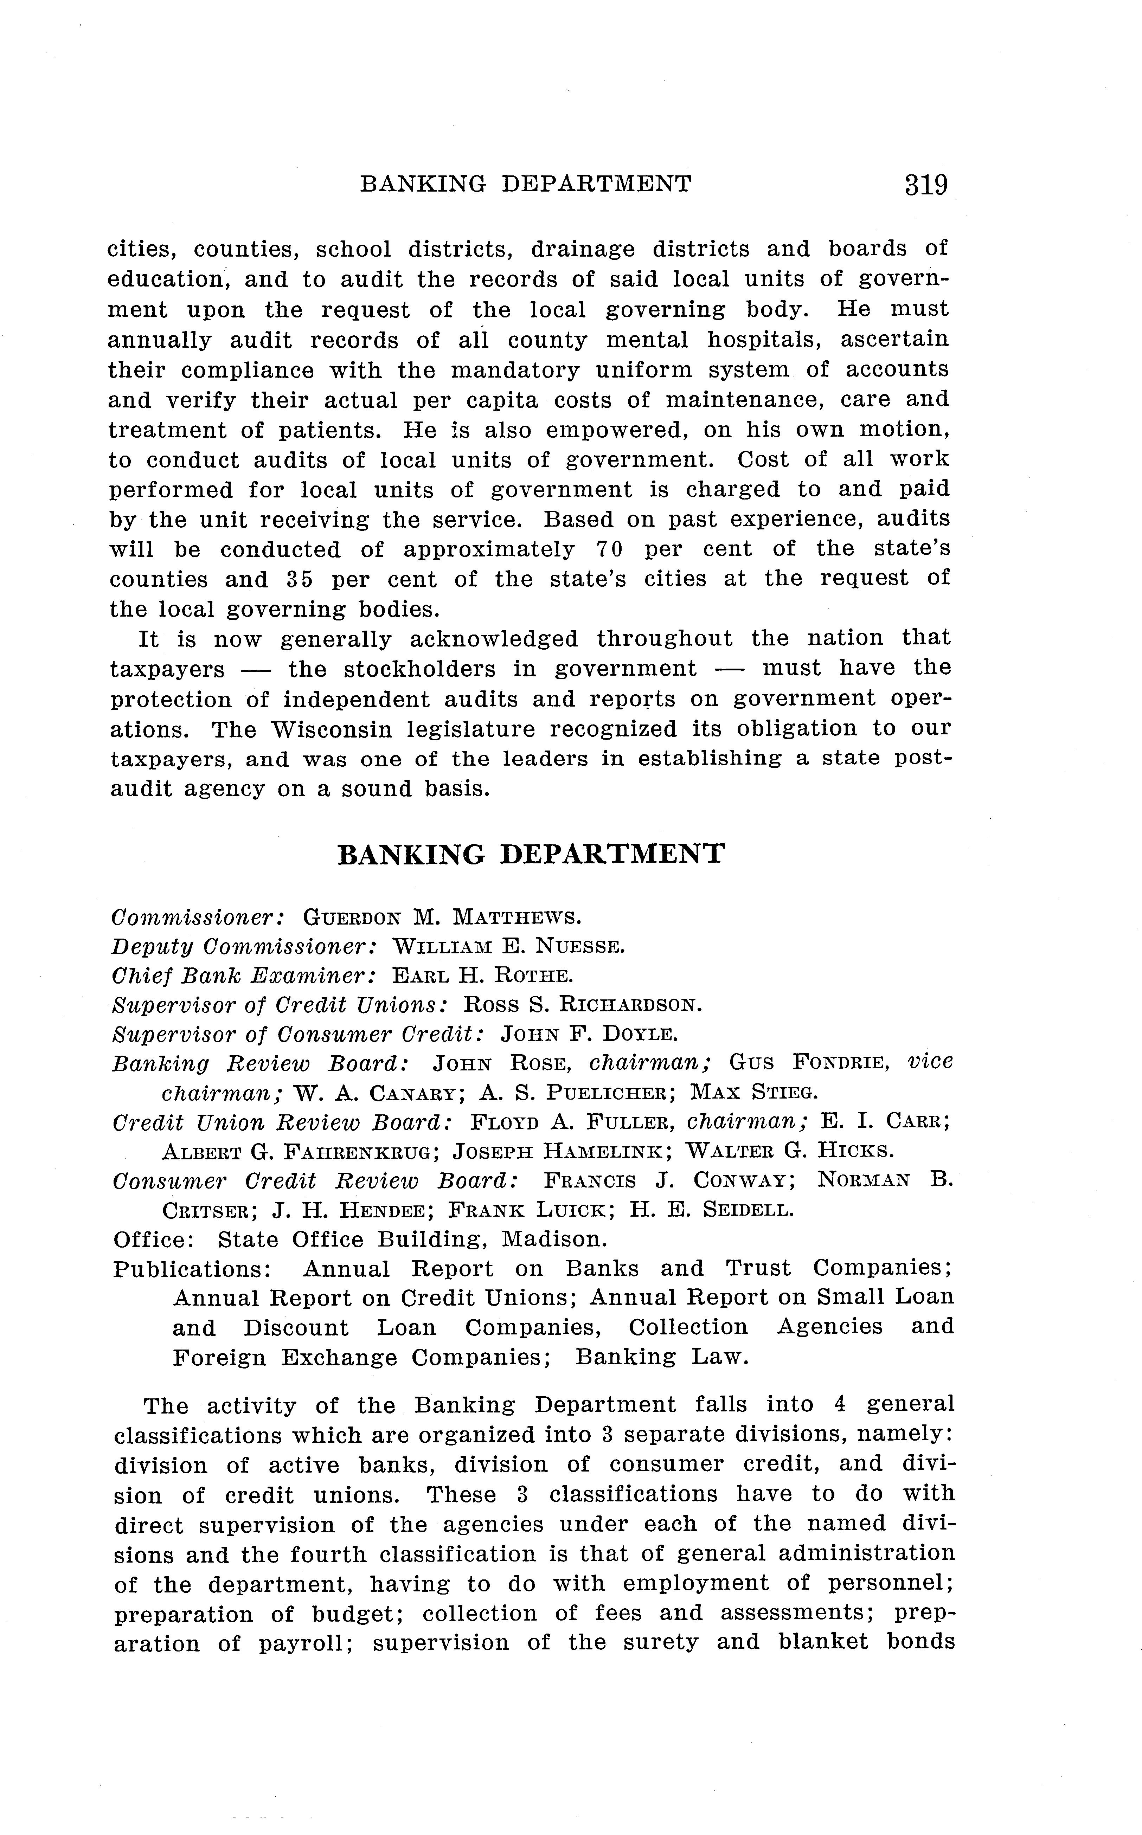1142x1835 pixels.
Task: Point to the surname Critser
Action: (x=205, y=1210)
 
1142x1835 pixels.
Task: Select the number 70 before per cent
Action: (x=609, y=549)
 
